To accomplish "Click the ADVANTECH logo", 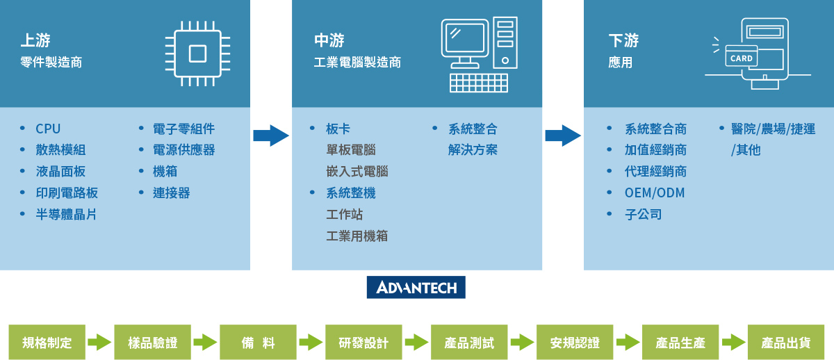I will coord(416,288).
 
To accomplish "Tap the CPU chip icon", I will coord(197,54).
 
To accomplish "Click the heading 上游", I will coord(35,40).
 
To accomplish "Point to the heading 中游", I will coord(329,40).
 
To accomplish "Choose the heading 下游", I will coord(623,40).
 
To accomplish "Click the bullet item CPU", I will coord(48,129).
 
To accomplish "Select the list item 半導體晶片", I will coord(66,214).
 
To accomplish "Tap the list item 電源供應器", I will coord(183,150).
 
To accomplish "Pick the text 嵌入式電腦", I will coord(357,172).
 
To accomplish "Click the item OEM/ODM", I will coord(655,193).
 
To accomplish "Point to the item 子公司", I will coord(643,214).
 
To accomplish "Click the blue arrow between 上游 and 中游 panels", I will coord(270,136).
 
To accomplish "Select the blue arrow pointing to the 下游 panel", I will coord(562,136).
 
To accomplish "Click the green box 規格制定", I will coord(47,343).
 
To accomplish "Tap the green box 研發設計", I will coord(363,343).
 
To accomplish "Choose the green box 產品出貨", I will coord(786,343).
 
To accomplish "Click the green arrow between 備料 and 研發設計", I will coord(311,343).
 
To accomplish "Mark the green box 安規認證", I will coord(575,343).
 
